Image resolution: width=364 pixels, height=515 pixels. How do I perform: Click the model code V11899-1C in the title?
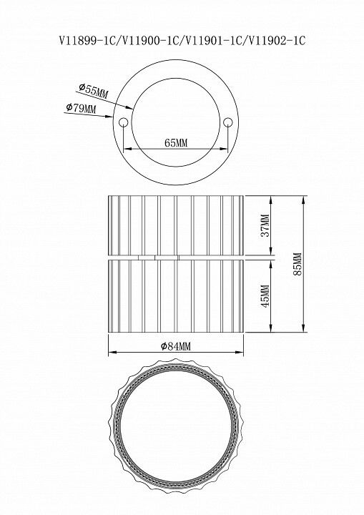87,41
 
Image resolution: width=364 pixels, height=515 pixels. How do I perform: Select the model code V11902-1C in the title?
277,41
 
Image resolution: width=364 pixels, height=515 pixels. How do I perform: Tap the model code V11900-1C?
150,41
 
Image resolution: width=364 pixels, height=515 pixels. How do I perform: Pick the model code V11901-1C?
214,41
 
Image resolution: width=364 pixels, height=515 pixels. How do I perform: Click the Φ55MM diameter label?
93,91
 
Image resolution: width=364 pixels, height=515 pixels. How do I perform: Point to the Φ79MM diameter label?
81,108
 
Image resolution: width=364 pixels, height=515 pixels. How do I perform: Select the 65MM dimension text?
176,143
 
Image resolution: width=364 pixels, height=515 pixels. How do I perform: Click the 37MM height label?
265,225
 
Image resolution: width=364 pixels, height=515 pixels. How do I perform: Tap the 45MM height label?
265,295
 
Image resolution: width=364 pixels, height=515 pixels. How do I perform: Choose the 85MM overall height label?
297,264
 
